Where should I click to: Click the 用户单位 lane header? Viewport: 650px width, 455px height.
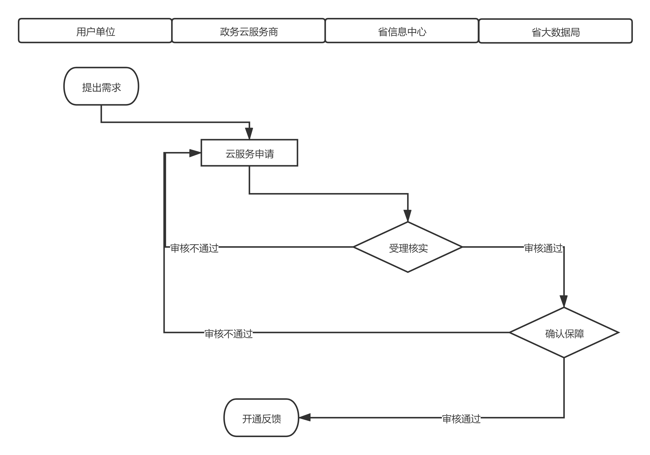click(95, 31)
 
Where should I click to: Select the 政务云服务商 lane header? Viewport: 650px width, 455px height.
click(249, 31)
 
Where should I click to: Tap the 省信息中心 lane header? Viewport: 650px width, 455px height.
click(402, 31)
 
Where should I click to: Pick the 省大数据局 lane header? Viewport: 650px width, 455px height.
click(555, 31)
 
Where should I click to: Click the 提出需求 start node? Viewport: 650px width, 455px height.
click(101, 87)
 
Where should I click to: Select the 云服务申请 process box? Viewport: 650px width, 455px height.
click(249, 153)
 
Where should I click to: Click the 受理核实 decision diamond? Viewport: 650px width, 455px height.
click(408, 248)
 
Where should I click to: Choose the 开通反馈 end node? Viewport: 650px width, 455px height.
click(261, 418)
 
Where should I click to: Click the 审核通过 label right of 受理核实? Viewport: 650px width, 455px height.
click(543, 248)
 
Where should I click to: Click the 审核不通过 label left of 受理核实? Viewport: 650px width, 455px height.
click(194, 248)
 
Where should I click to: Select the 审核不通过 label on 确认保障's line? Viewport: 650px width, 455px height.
click(228, 333)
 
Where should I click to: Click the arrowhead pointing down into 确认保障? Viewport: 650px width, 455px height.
click(564, 301)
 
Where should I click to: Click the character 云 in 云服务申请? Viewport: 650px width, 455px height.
click(230, 154)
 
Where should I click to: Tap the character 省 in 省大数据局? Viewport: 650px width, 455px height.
click(536, 32)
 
